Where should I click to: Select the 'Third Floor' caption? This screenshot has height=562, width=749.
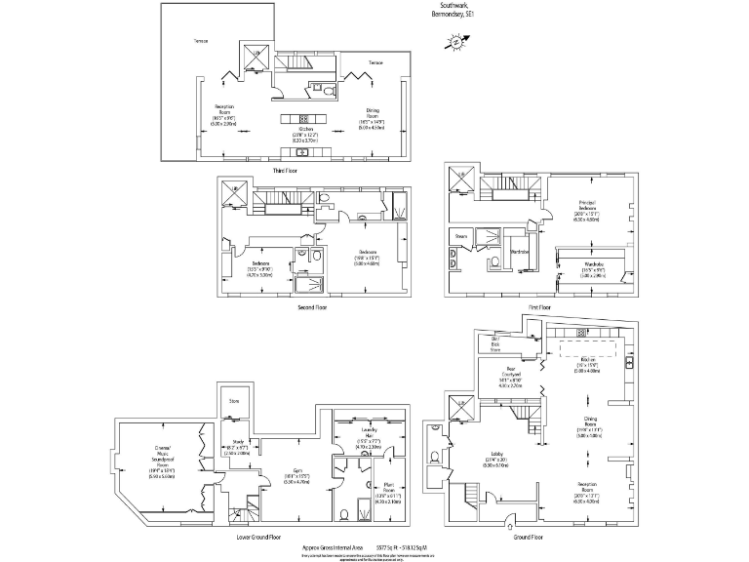pyautogui.click(x=284, y=171)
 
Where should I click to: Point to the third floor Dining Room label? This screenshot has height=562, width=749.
pyautogui.click(x=374, y=117)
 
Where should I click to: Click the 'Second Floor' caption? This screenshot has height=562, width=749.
pyautogui.click(x=312, y=307)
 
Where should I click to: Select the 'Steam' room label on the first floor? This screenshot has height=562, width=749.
pyautogui.click(x=461, y=236)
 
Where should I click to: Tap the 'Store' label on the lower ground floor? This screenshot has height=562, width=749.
pyautogui.click(x=234, y=401)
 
